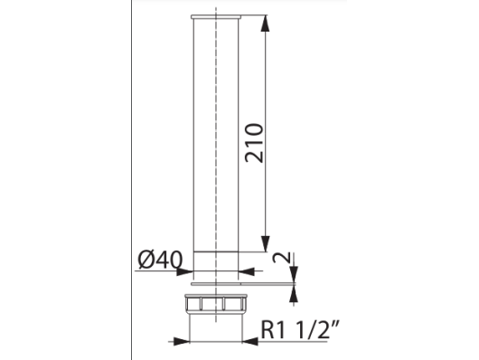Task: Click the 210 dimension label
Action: [x=254, y=143]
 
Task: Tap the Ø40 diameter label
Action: [x=160, y=260]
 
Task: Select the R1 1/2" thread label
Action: [x=300, y=329]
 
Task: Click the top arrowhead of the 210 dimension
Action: [x=266, y=23]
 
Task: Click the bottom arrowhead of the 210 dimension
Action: [x=266, y=244]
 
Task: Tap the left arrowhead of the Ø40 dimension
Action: [x=184, y=271]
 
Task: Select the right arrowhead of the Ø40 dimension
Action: [x=246, y=271]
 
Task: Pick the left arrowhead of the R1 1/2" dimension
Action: [x=182, y=341]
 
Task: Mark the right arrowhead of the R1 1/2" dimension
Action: [x=250, y=341]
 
